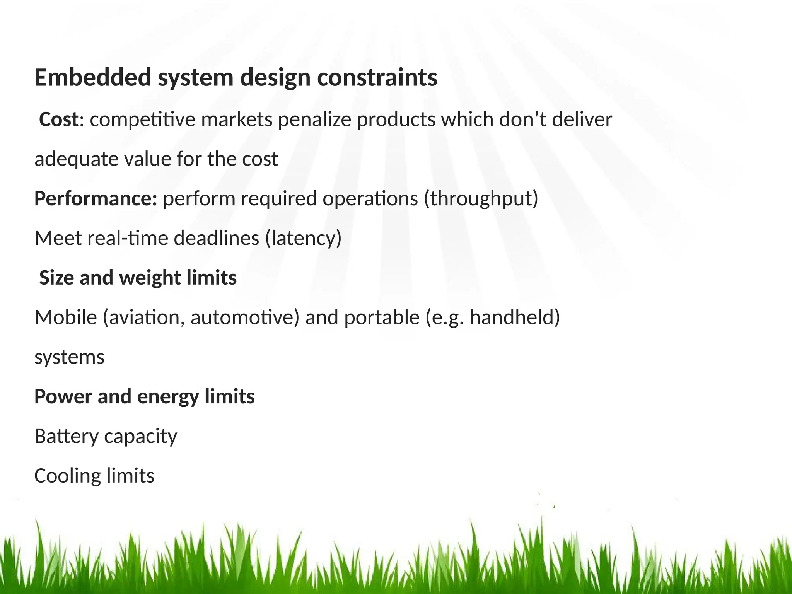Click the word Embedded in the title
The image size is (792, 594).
point(92,77)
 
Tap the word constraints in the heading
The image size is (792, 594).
point(377,77)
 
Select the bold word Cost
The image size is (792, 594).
point(59,119)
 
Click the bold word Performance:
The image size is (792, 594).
point(96,199)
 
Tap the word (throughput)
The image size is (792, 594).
point(481,199)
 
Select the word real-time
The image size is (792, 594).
point(128,238)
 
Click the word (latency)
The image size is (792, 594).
point(303,238)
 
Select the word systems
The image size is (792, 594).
point(69,357)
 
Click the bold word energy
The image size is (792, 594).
point(167,397)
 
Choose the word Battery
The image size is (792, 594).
point(66,436)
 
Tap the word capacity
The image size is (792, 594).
point(140,437)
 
